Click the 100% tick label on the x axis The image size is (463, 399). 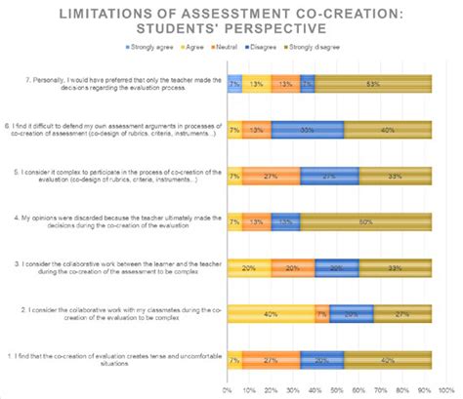tap(431, 390)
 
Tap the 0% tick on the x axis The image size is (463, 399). tap(228, 390)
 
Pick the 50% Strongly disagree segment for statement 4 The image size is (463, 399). tap(366, 221)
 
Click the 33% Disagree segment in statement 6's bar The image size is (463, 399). tap(308, 129)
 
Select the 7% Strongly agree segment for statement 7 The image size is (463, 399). tap(235, 83)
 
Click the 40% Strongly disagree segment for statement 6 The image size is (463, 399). tap(388, 129)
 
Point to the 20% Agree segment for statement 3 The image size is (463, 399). tap(248, 267)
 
